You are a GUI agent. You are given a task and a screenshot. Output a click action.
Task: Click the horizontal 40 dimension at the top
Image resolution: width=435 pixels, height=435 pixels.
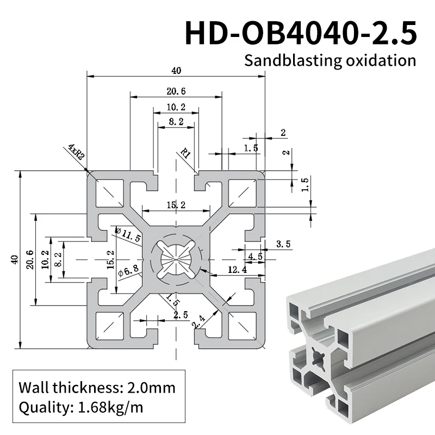pos(176,70)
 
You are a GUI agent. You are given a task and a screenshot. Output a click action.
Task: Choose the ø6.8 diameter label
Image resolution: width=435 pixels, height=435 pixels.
pos(128,270)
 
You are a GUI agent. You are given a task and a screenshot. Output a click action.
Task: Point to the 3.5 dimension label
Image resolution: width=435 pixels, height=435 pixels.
pos(283,244)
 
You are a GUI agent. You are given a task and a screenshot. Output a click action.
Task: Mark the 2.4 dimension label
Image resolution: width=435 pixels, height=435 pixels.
pos(199,322)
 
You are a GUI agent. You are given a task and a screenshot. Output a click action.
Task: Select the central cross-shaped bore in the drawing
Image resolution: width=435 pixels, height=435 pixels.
pos(176,259)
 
